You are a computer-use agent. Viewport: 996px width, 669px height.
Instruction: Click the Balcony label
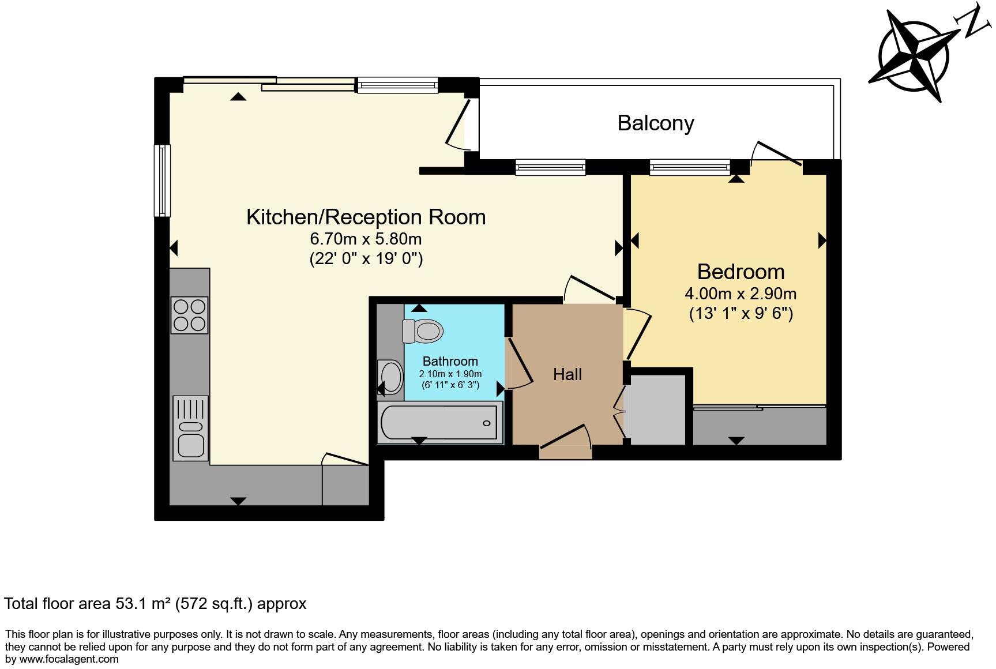tap(656, 123)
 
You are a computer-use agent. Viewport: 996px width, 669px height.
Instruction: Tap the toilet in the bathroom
tap(423, 331)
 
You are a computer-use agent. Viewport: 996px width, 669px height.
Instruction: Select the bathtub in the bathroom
tap(439, 423)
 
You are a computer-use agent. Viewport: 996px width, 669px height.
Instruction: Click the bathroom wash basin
tap(390, 377)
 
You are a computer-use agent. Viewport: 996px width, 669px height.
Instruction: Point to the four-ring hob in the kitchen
tap(189, 315)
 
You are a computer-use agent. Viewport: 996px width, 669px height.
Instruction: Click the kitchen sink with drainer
tap(190, 428)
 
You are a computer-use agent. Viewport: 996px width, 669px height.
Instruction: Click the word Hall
tap(567, 374)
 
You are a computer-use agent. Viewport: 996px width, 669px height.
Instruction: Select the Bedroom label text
tap(741, 272)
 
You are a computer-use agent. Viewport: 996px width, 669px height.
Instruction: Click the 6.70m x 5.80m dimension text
tap(366, 238)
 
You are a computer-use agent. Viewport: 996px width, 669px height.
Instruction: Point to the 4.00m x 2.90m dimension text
tap(741, 294)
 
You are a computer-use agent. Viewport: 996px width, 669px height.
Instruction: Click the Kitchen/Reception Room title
tap(366, 217)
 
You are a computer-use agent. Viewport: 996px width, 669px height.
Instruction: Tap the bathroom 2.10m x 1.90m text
tap(450, 374)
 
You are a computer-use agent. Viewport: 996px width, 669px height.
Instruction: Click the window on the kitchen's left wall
tap(162, 181)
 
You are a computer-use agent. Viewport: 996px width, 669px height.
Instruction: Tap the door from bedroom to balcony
tap(776, 156)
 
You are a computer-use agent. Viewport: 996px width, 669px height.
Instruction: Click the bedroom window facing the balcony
tap(690, 167)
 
